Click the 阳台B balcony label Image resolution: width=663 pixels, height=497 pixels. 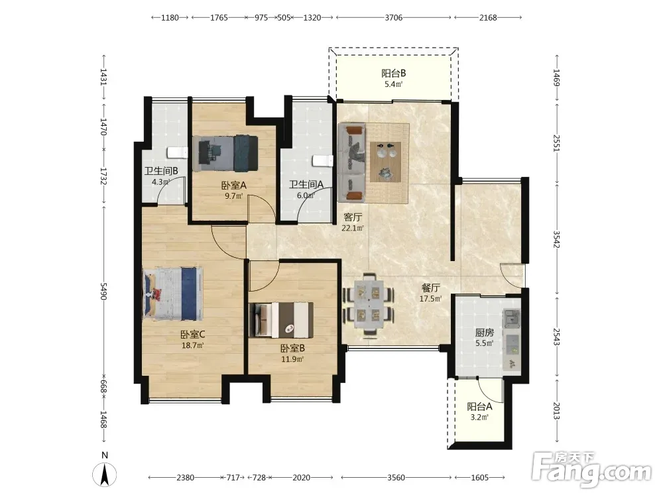[x=393, y=73]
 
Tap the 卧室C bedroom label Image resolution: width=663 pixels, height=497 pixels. [x=193, y=334]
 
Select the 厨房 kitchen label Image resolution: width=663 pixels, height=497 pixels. [x=484, y=333]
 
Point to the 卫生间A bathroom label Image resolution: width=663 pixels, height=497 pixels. [x=306, y=185]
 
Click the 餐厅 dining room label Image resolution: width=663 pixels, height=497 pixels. [x=430, y=288]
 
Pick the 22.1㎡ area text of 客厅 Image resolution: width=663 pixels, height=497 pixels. [x=353, y=228]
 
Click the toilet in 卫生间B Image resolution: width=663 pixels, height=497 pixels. [x=177, y=152]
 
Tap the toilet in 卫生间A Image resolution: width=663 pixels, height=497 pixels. [x=323, y=160]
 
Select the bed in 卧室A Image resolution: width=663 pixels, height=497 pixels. [x=228, y=153]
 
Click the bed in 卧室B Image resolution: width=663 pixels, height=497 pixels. [x=281, y=319]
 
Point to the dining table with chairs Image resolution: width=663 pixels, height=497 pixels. [x=369, y=305]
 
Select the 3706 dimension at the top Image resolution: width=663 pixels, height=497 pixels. [x=394, y=18]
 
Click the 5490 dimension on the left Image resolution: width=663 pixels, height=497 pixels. [x=103, y=291]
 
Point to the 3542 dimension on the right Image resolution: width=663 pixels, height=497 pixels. [x=556, y=239]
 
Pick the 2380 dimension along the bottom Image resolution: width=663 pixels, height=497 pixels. [x=185, y=478]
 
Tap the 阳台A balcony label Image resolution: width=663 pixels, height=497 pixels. [x=479, y=407]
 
